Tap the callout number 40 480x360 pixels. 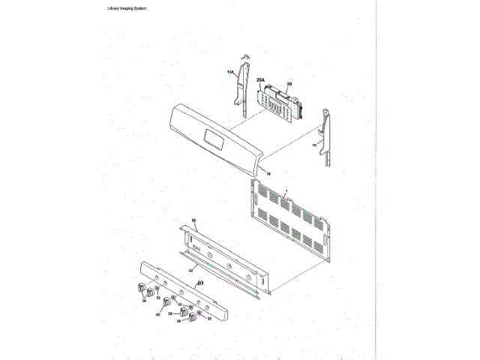pyautogui.click(x=199, y=283)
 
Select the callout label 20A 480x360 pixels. pyautogui.click(x=260, y=79)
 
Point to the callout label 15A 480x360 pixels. pyautogui.click(x=230, y=73)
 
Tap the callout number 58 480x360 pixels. pyautogui.click(x=193, y=221)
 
